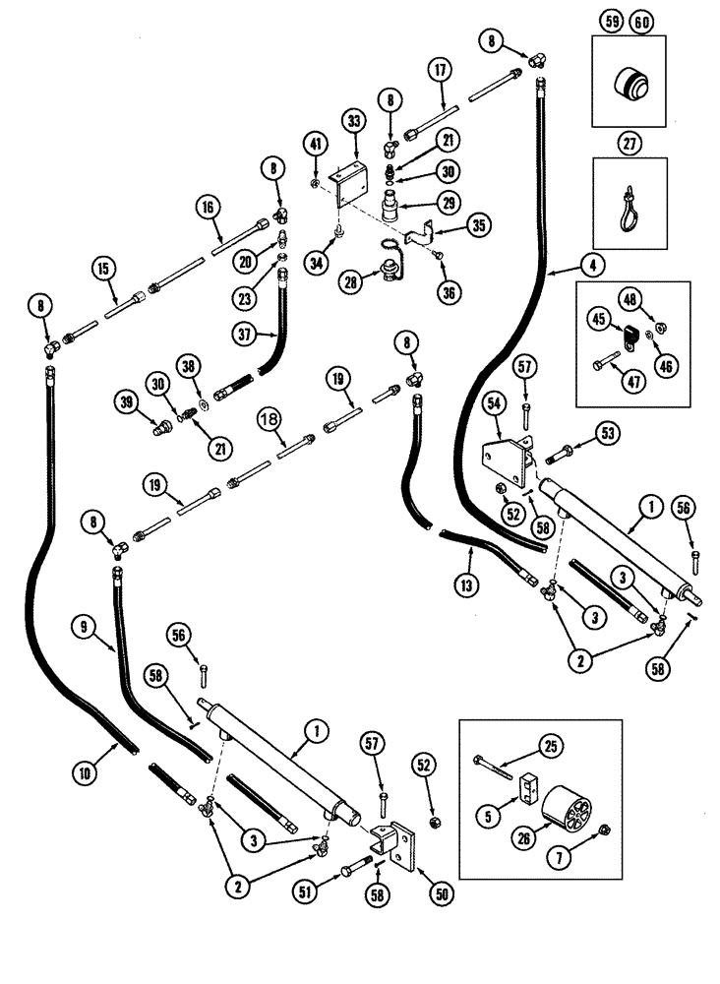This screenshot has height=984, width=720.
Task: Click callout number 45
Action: [x=599, y=319]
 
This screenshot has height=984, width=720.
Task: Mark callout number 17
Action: [x=440, y=70]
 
